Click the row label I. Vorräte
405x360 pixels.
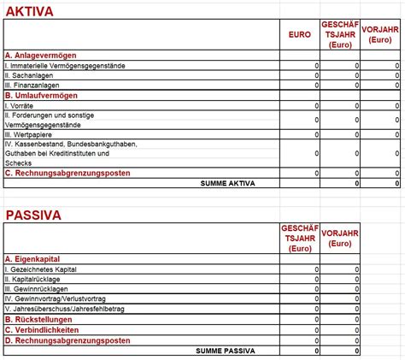point(22,106)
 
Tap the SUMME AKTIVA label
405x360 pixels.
point(227,183)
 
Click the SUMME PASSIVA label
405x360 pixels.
point(226,351)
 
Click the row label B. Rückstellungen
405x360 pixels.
point(40,320)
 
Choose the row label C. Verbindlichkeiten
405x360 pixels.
point(44,330)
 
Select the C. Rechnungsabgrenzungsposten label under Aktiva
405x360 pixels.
point(67,173)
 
